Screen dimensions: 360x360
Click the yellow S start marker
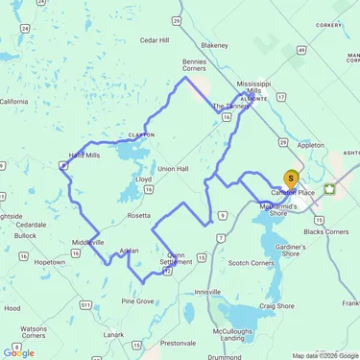(x=291, y=178)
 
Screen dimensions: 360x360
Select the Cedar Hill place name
(x=154, y=40)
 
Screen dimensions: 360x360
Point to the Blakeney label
(x=214, y=45)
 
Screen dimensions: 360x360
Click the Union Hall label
(x=173, y=169)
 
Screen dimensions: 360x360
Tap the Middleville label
(x=87, y=242)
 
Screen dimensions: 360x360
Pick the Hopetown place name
(x=50, y=261)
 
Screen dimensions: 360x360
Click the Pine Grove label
(x=138, y=300)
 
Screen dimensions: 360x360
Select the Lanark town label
(x=114, y=334)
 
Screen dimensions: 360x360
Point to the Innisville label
(x=207, y=291)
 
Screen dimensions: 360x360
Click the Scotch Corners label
(x=252, y=262)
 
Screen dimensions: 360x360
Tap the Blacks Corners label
(x=324, y=231)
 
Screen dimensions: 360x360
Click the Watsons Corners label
(x=33, y=333)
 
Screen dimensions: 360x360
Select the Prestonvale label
(x=178, y=343)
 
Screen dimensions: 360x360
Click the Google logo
(x=19, y=352)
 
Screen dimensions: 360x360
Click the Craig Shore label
(x=276, y=305)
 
